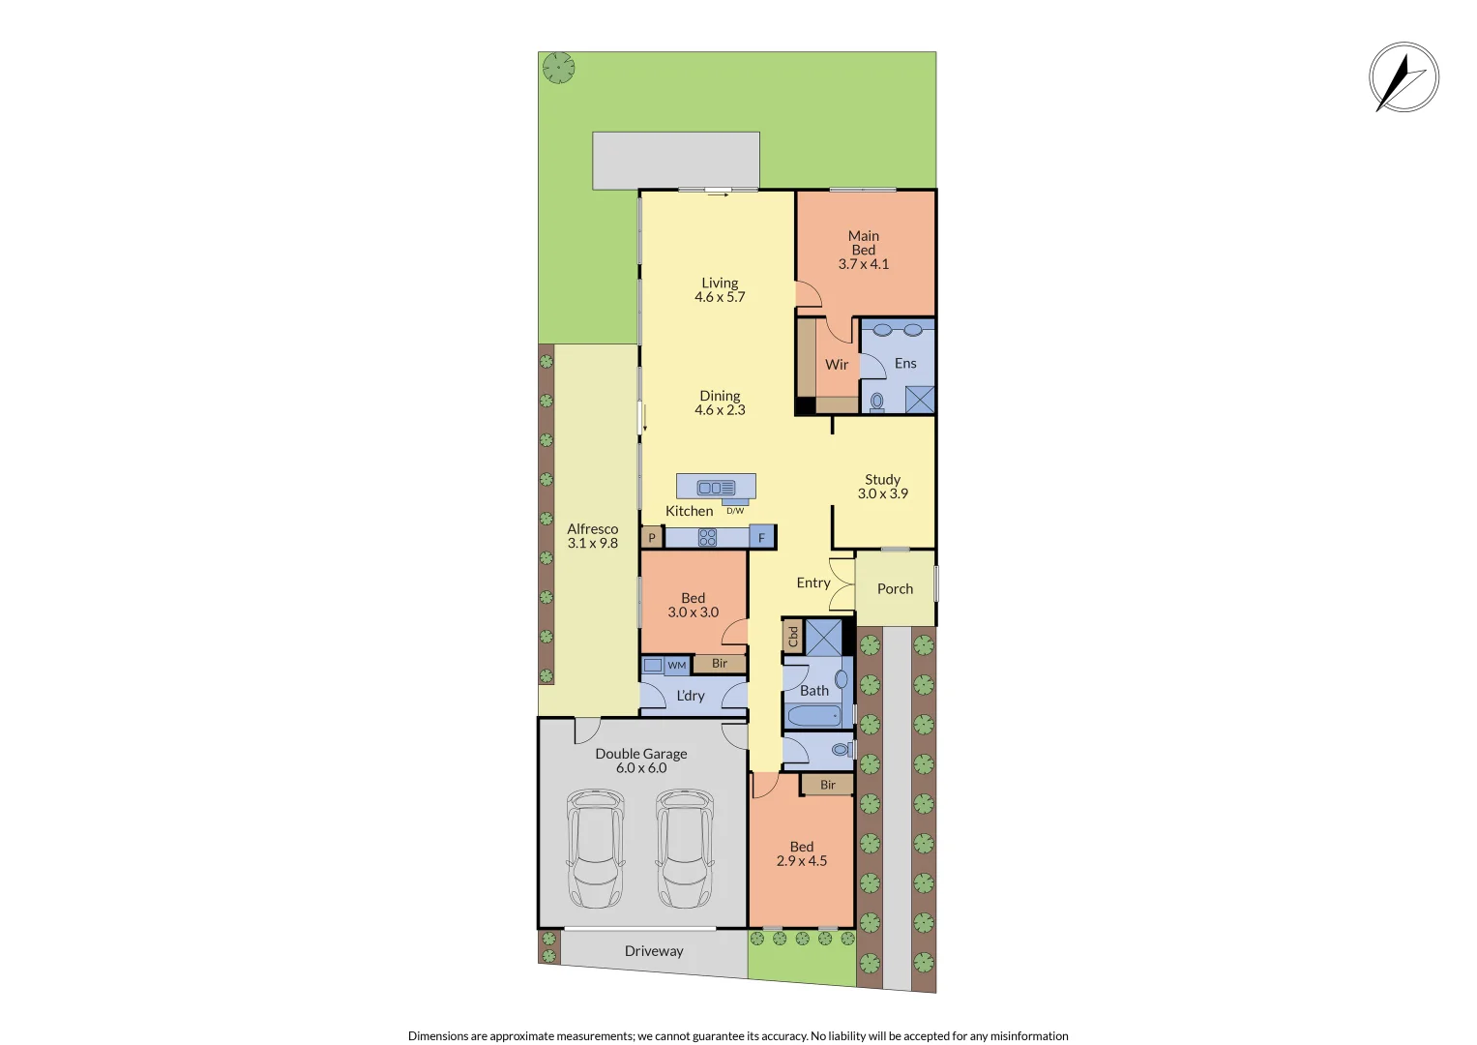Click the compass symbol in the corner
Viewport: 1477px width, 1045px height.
1403,77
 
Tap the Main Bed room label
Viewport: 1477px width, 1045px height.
863,250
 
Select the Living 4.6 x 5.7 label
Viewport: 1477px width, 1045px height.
720,290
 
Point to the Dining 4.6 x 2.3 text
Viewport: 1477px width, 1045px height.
720,403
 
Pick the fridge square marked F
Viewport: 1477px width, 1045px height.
761,538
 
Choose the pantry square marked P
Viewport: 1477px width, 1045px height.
652,538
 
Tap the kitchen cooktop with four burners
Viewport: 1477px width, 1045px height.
707,538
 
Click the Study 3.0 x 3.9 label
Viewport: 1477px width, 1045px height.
882,487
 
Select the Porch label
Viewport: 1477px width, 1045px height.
895,588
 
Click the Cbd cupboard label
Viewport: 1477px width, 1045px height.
793,637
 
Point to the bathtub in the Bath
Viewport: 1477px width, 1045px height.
814,716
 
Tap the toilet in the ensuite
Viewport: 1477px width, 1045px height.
877,401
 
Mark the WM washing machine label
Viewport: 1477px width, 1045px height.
677,666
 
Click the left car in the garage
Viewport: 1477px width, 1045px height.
595,849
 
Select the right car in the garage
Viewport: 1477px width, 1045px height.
685,849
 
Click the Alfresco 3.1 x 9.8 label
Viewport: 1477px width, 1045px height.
592,536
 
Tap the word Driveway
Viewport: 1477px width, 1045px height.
654,951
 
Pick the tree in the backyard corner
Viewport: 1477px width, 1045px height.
558,68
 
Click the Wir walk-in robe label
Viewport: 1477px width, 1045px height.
837,365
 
